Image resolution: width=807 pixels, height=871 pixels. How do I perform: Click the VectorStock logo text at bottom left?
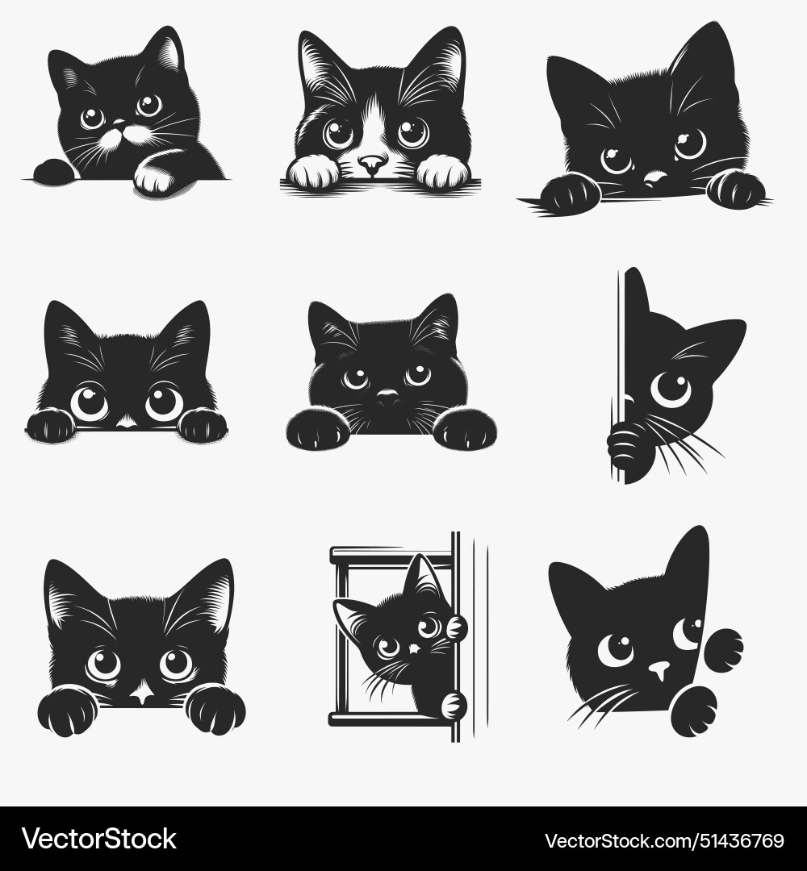coord(98,840)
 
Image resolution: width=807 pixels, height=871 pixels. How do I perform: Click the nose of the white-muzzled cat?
coord(371,165)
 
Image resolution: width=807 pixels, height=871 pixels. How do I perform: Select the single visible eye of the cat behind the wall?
coord(671,388)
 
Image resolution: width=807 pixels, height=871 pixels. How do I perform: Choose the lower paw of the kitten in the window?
coord(454,704)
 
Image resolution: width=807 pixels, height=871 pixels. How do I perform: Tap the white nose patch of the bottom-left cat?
coord(143,693)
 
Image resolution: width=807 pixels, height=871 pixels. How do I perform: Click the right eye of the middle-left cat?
coord(164,402)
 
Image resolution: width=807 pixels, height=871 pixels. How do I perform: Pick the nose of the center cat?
coord(388,397)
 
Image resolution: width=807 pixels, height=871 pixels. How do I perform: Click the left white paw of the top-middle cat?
coord(314,172)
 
